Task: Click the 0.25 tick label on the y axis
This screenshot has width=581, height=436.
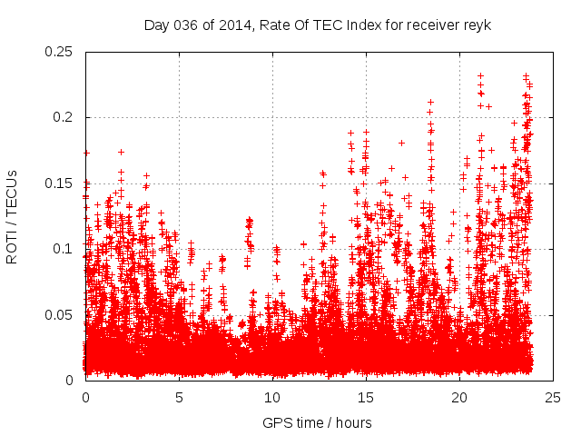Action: pyautogui.click(x=59, y=52)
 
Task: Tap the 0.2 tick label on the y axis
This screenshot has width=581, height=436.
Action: pyautogui.click(x=63, y=117)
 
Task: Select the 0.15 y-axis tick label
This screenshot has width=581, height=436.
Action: pyautogui.click(x=59, y=183)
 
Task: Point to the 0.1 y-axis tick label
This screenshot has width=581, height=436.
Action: pyautogui.click(x=63, y=249)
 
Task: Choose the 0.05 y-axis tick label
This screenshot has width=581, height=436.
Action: pyautogui.click(x=59, y=314)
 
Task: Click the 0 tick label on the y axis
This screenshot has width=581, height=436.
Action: pyautogui.click(x=71, y=380)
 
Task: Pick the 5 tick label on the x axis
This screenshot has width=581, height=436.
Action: pyautogui.click(x=179, y=398)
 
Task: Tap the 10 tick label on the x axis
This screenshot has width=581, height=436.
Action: pyautogui.click(x=272, y=398)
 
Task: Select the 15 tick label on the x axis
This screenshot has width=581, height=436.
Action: pyautogui.click(x=366, y=398)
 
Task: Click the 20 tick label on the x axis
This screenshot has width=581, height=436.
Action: pyautogui.click(x=459, y=398)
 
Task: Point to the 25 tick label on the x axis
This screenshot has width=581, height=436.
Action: pyautogui.click(x=553, y=398)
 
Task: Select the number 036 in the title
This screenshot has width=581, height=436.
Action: pyautogui.click(x=183, y=25)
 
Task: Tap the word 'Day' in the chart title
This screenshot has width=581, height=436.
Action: pyautogui.click(x=156, y=25)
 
